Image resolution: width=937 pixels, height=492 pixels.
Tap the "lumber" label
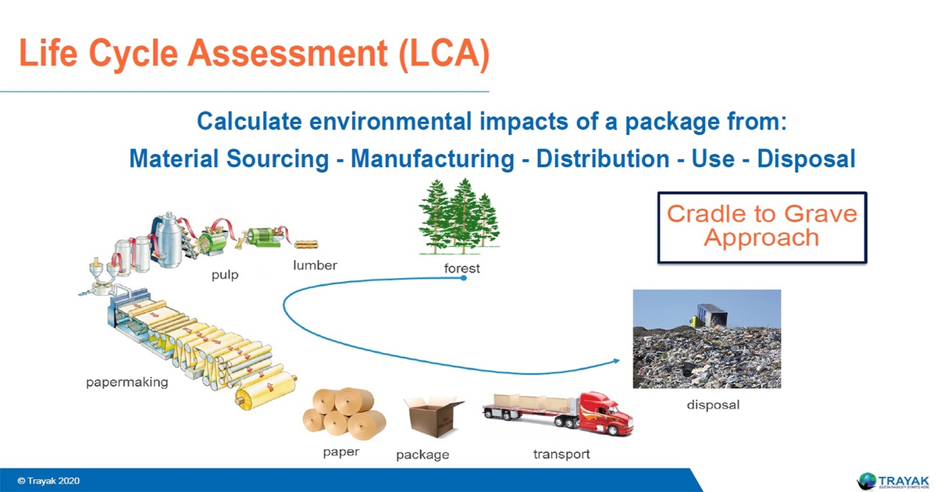(x=315, y=266)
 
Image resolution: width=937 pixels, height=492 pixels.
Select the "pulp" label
(x=225, y=275)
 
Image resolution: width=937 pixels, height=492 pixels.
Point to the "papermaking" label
(x=126, y=383)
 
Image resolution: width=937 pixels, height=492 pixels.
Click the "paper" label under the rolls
(x=341, y=451)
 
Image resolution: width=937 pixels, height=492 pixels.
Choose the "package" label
(x=422, y=455)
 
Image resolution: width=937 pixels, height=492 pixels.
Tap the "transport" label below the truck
(x=561, y=454)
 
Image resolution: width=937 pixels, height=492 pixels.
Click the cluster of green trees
(x=458, y=219)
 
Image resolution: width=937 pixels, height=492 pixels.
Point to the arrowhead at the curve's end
(x=617, y=362)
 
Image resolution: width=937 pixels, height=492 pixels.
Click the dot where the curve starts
(x=464, y=278)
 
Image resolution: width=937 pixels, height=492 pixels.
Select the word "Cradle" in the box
(x=706, y=214)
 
